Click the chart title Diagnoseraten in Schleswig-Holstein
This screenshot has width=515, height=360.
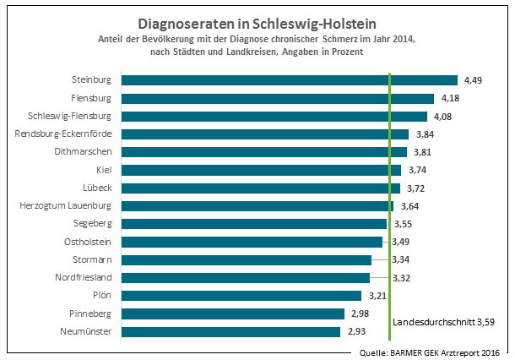tap(258, 24)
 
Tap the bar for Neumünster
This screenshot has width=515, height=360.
tap(237, 332)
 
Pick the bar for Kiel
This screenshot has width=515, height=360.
tap(261, 170)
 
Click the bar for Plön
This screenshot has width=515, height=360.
tap(241, 296)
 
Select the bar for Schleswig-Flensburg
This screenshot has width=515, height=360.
tap(274, 116)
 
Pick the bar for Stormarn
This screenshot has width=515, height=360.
tap(247, 259)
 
